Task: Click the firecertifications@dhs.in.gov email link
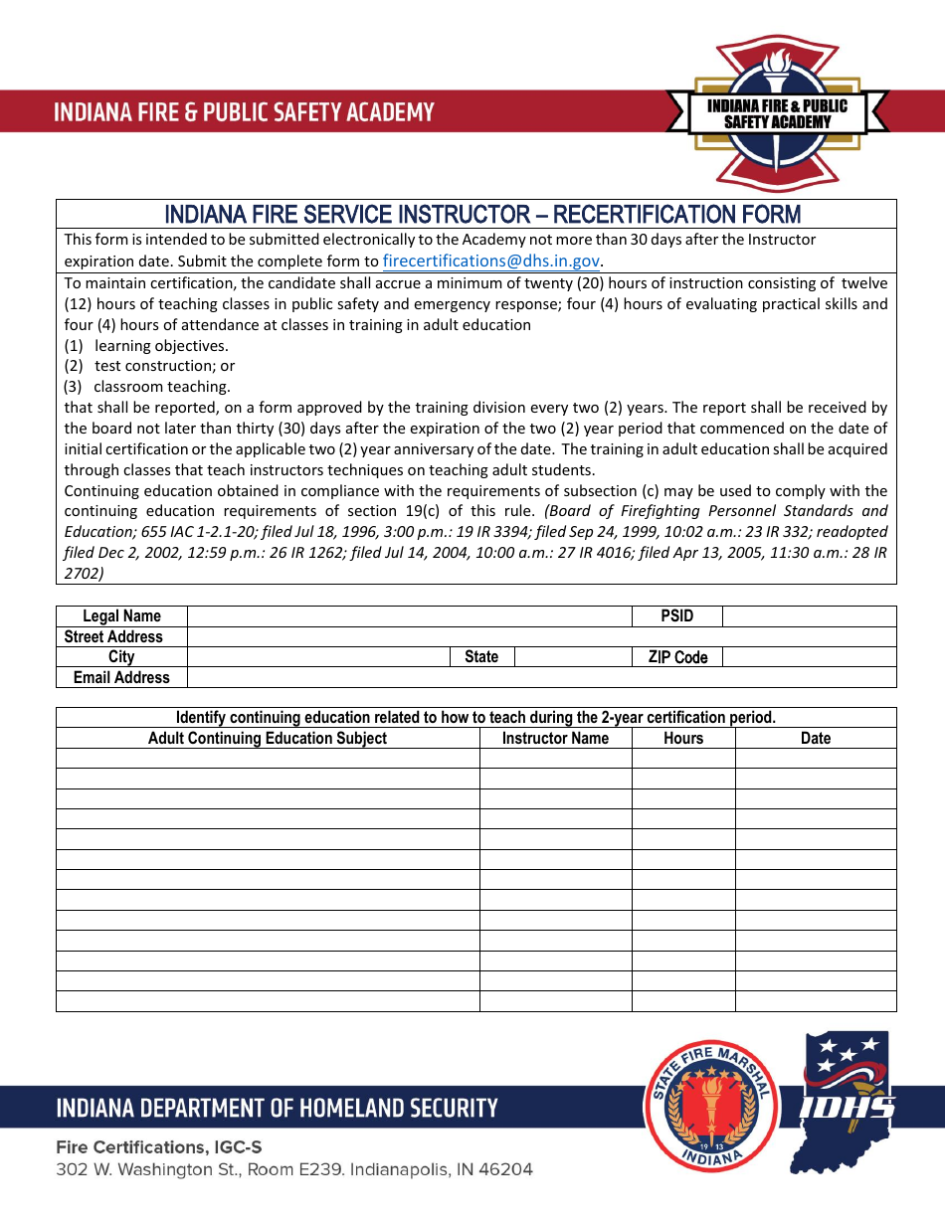pos(491,262)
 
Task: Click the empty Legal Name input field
pos(410,616)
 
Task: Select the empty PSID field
pos(808,616)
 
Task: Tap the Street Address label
pos(113,637)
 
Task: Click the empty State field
pos(573,657)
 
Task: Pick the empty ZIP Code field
pos(808,657)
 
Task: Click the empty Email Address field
pos(541,678)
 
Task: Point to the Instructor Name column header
pos(555,739)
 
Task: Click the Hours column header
pos(683,739)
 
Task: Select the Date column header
pos(815,739)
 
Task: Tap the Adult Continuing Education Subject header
pos(268,739)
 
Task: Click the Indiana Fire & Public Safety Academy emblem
pos(777,112)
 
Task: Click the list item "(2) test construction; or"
pos(150,366)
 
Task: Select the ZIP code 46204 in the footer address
pos(505,1169)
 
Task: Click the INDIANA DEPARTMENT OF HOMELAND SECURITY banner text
pos(277,1108)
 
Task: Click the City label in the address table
pos(121,657)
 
